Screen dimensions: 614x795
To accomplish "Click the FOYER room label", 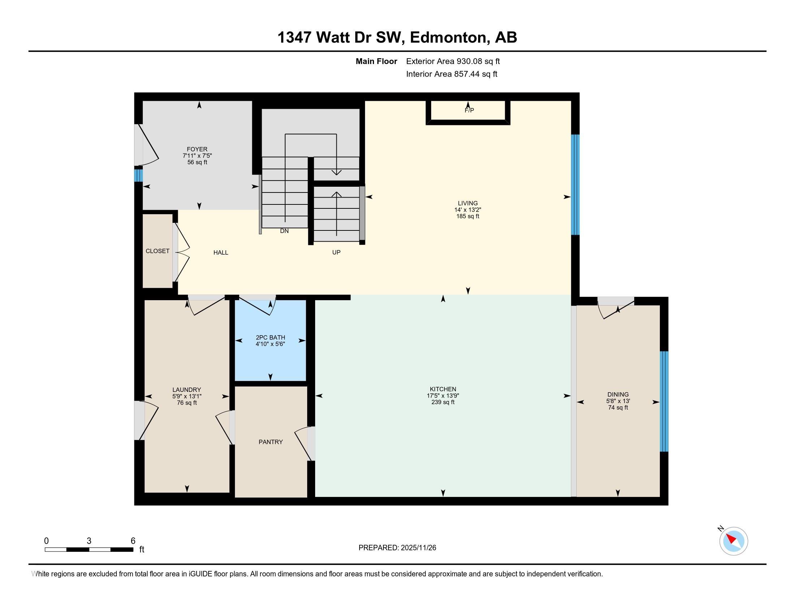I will (x=197, y=149).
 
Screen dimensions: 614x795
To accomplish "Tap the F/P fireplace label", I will (x=469, y=110).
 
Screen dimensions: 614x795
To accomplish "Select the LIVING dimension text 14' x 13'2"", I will (x=468, y=210).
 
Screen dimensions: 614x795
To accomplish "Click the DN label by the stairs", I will (x=284, y=231).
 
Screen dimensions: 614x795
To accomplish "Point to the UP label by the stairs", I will (x=336, y=252).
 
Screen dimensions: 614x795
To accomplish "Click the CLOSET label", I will (x=157, y=251).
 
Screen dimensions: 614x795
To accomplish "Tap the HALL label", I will (x=220, y=252).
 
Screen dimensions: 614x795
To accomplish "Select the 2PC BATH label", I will (x=270, y=338).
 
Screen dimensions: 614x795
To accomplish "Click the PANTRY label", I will (x=270, y=442).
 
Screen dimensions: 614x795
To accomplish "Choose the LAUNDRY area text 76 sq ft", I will (x=187, y=403).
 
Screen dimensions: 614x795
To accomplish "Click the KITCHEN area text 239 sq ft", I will (x=443, y=402).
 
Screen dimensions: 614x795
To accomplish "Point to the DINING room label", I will (x=618, y=394).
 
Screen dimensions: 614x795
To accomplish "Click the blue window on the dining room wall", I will (x=664, y=401).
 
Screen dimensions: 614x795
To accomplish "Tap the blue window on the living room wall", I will (x=575, y=185).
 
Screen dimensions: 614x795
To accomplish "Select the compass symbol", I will (x=733, y=541).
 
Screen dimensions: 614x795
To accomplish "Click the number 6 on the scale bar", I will (x=133, y=541).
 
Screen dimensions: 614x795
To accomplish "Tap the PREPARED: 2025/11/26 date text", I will (x=397, y=548).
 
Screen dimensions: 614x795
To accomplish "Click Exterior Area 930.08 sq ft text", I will (x=453, y=61).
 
